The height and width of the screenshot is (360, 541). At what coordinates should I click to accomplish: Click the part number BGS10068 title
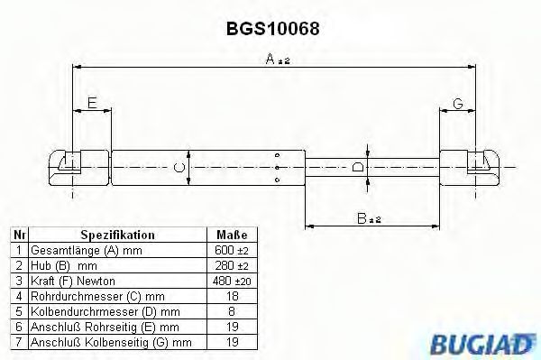click(x=270, y=28)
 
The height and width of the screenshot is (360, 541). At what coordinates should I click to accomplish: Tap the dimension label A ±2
click(x=275, y=60)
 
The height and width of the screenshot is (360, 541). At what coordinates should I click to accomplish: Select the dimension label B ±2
click(x=368, y=218)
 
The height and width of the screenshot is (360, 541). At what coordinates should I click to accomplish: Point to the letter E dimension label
click(x=92, y=105)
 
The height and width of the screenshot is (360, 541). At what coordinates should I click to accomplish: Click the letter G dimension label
click(x=458, y=105)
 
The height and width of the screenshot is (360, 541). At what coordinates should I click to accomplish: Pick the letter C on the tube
click(x=179, y=167)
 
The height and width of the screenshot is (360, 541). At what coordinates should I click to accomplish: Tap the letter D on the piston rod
click(x=359, y=167)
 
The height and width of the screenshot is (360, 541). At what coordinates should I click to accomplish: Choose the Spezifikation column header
click(x=117, y=235)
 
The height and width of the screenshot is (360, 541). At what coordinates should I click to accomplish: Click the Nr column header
click(x=17, y=235)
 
